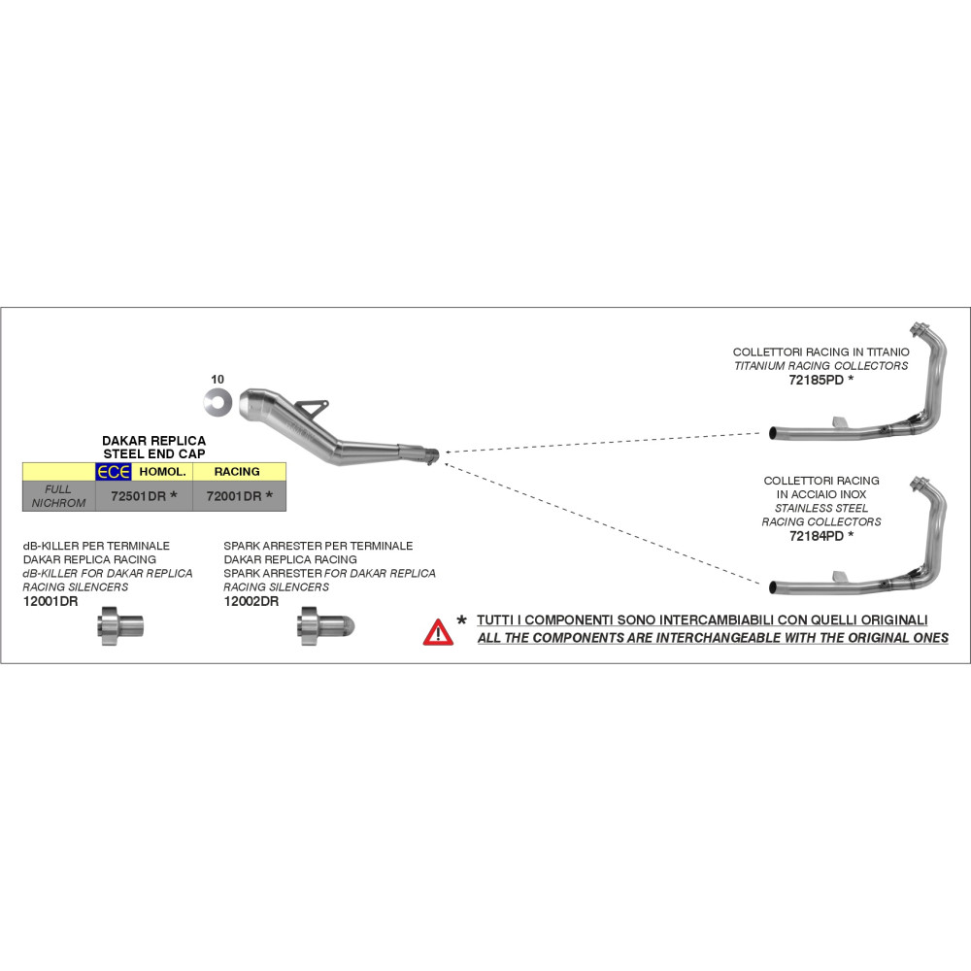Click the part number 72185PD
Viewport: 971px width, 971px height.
(815, 381)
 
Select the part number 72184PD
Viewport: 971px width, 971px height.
(815, 535)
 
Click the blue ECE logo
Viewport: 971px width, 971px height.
(114, 472)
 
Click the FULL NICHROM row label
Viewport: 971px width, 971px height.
(59, 496)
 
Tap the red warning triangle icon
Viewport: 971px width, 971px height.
(438, 632)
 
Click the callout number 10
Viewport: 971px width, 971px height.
(217, 378)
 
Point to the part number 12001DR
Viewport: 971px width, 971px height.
(50, 601)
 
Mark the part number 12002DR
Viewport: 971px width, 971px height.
(251, 601)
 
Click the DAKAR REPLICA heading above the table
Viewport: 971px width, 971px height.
(153, 440)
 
